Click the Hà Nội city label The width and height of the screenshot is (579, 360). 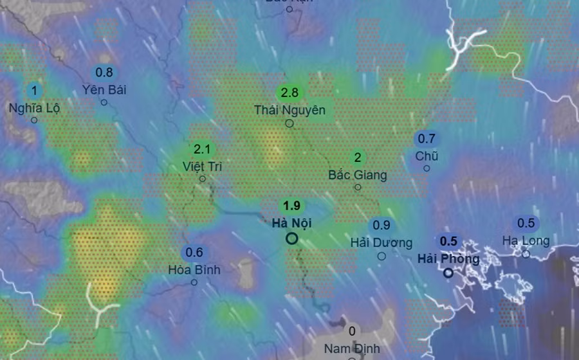coord(292,223)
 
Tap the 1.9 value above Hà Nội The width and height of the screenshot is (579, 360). coord(292,206)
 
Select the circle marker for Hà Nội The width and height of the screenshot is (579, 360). coord(292,239)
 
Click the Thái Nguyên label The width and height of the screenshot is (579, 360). coord(289,110)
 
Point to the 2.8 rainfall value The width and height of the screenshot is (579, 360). coord(289,93)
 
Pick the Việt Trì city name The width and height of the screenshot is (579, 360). coord(202,166)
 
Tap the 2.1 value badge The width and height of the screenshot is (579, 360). coord(202,150)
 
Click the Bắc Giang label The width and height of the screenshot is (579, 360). coord(358,174)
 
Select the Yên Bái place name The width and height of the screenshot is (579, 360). coord(104,89)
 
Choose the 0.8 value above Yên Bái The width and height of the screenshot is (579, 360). coord(104,73)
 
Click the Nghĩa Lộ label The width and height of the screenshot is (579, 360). coord(34,107)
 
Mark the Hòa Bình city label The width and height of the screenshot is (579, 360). coord(194,269)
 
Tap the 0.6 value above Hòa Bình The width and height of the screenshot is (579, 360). coord(194,253)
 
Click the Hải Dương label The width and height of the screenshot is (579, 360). coord(381,242)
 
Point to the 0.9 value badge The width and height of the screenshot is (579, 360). coord(381,225)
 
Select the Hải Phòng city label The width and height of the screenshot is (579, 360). coord(448,258)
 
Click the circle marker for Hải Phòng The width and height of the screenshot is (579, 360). coord(448,273)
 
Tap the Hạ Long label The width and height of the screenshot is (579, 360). coord(526,240)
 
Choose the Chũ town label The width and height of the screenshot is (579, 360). coord(427,156)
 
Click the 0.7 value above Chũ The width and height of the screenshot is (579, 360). coord(427,138)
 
